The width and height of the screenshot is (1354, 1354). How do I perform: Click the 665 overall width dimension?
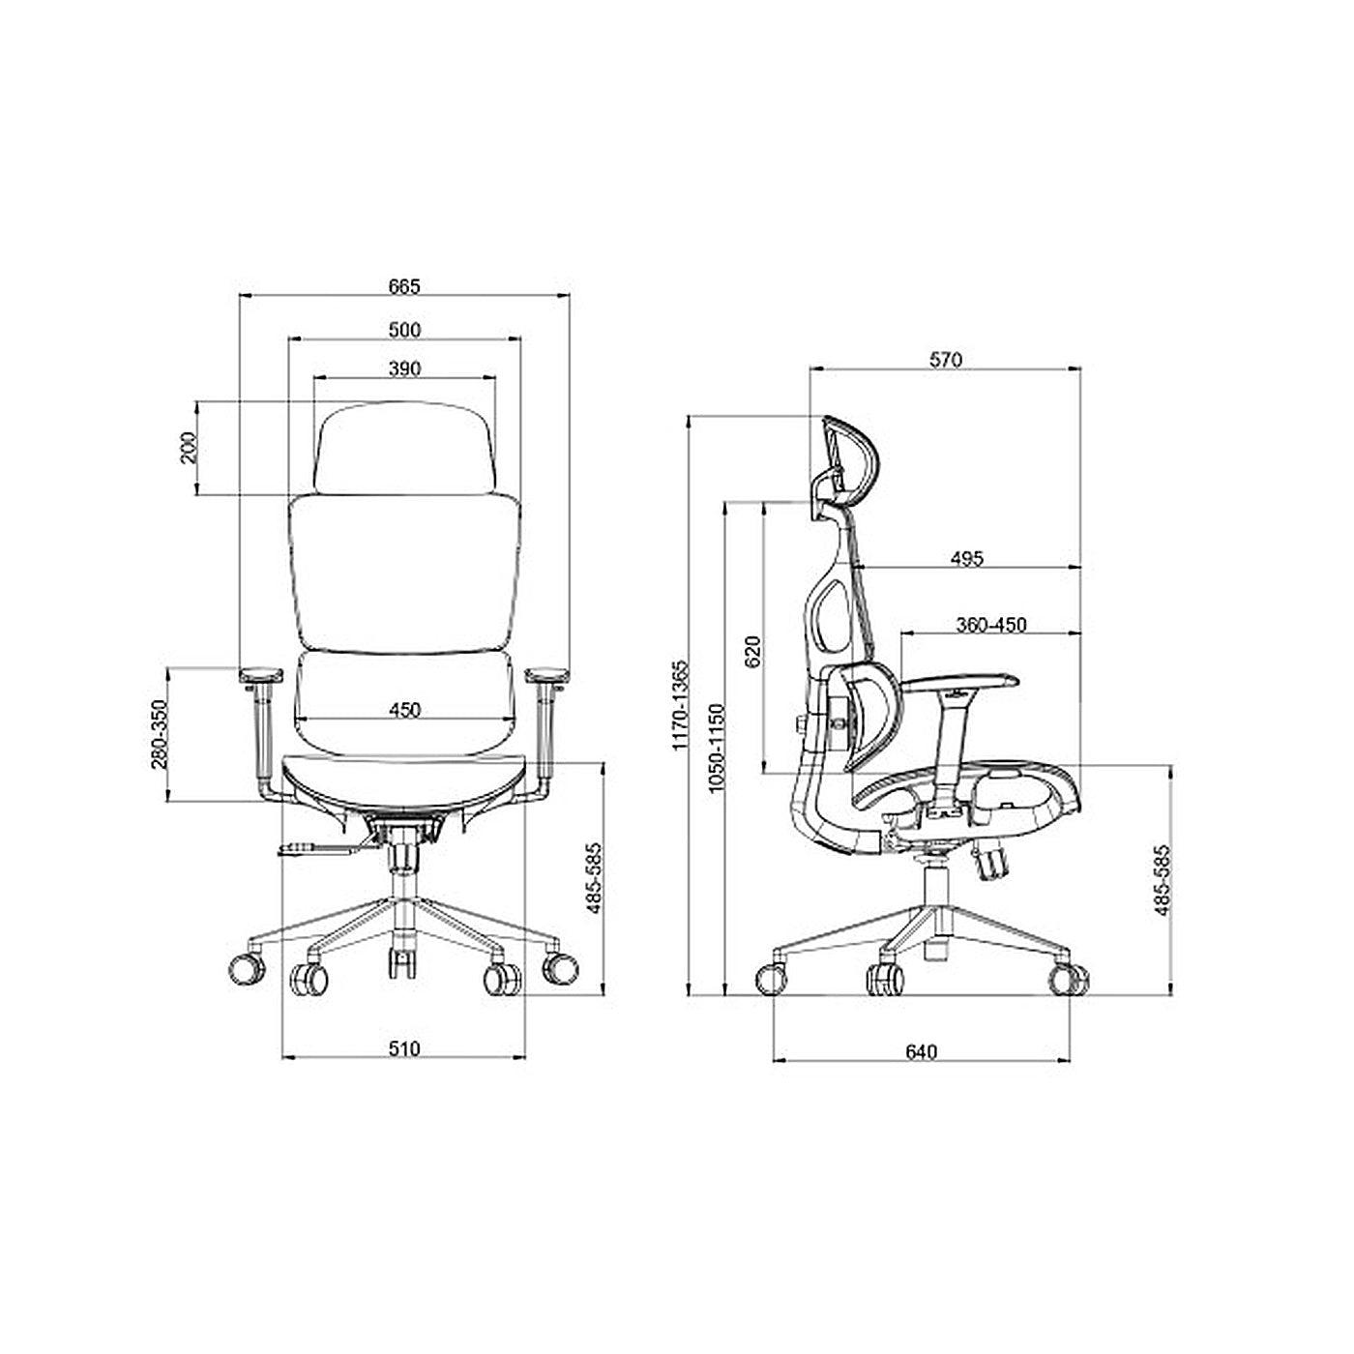pyautogui.click(x=404, y=286)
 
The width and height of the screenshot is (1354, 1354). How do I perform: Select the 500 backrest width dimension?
pyautogui.click(x=404, y=330)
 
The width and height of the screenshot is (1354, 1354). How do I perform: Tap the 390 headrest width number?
pyautogui.click(x=404, y=368)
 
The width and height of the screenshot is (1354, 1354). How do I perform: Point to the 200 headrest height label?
pyautogui.click(x=189, y=448)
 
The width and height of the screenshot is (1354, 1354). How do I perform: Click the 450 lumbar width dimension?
pyautogui.click(x=404, y=711)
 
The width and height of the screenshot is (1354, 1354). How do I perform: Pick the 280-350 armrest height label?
pyautogui.click(x=161, y=734)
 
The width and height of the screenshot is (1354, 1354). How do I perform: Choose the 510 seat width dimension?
pyautogui.click(x=404, y=1049)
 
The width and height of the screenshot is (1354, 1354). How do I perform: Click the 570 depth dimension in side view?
pyautogui.click(x=945, y=360)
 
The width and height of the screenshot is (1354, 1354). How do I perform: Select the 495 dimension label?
pyautogui.click(x=967, y=559)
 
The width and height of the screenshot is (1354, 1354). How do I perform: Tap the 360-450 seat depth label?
pyautogui.click(x=991, y=625)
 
